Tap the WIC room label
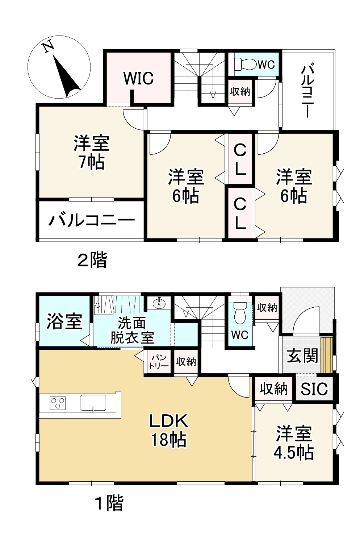click(138, 78)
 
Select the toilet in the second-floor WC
click(243, 64)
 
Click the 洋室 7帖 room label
click(91, 153)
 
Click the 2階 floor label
click(93, 260)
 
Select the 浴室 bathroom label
click(64, 321)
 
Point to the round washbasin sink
click(159, 303)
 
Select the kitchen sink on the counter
click(93, 403)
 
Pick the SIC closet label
click(314, 389)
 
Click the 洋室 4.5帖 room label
click(294, 443)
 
